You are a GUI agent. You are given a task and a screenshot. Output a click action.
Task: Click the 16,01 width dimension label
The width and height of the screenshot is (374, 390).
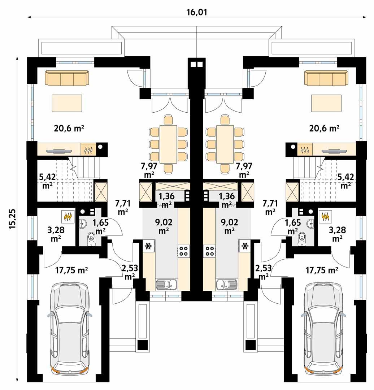click(x=197, y=12)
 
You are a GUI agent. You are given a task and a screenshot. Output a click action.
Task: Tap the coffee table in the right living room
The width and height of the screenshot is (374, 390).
click(x=326, y=103)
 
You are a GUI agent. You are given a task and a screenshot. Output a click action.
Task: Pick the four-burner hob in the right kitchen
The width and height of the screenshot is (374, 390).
click(x=209, y=251)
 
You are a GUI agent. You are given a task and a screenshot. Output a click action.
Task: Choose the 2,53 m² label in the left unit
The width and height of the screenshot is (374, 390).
click(x=129, y=272)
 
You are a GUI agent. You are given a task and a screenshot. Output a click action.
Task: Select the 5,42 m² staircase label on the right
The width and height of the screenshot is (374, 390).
click(x=345, y=181)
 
